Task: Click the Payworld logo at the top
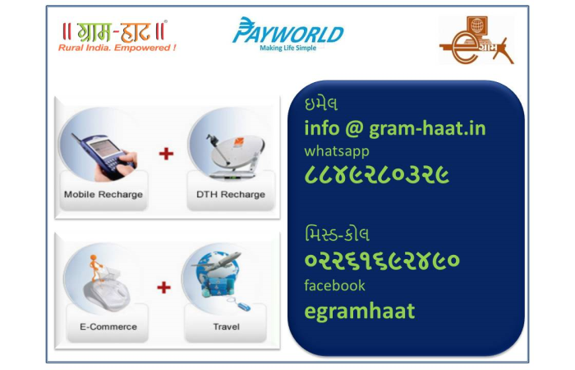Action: [287, 31]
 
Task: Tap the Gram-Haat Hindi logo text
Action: [114, 31]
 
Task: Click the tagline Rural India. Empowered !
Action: [117, 48]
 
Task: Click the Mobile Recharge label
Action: [103, 195]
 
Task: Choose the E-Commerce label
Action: [108, 326]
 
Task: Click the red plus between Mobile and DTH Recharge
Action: [166, 153]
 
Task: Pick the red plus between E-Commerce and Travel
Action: [164, 287]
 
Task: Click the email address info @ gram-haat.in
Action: [394, 128]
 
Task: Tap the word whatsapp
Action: [337, 151]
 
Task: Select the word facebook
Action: [334, 285]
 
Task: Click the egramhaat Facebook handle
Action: [359, 311]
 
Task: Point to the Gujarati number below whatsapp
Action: [376, 175]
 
